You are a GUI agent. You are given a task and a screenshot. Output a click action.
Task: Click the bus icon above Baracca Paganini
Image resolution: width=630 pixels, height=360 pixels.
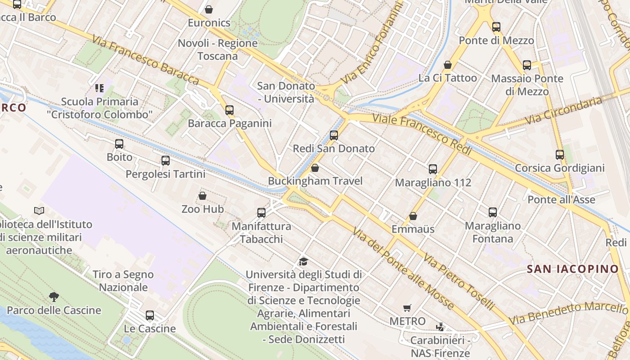click(229, 110)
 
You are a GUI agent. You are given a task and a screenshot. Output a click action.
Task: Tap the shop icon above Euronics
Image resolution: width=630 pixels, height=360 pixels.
click(209, 9)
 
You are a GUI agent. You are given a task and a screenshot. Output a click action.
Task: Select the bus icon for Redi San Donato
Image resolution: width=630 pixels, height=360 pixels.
click(333, 135)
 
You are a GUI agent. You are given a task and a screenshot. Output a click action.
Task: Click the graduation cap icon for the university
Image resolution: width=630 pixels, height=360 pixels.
click(304, 261)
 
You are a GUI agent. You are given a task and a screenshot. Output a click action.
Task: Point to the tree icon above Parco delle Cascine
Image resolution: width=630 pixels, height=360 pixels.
click(54, 297)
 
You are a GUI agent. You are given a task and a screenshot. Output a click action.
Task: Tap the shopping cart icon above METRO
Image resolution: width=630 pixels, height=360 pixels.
click(407, 308)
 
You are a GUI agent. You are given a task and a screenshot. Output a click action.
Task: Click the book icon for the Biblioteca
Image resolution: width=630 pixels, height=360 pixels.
click(40, 211)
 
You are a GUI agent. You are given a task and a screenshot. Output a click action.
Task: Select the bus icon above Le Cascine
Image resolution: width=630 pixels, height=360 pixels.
click(150, 315)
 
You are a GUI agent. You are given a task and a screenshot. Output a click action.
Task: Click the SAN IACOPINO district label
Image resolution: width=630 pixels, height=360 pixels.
click(573, 269)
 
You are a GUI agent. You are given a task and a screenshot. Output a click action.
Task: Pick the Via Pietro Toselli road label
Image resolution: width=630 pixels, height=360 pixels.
click(459, 281)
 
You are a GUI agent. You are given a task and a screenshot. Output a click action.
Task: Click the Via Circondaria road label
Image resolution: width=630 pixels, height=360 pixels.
click(563, 111)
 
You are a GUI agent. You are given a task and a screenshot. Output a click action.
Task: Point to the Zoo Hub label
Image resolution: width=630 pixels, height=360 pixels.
click(202, 209)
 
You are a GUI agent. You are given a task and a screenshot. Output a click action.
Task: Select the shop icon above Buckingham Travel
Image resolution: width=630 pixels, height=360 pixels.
click(315, 168)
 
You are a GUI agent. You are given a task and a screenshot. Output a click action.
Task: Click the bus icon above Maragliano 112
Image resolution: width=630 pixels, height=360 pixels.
click(432, 169)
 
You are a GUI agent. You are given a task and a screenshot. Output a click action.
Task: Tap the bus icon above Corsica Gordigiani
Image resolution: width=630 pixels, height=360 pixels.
click(559, 155)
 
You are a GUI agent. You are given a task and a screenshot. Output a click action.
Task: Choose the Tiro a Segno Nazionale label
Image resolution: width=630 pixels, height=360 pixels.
click(123, 281)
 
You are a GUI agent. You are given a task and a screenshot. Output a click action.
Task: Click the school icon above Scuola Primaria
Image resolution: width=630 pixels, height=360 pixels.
click(99, 88)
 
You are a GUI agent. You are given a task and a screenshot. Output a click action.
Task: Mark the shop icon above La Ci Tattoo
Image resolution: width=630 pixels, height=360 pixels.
click(447, 65)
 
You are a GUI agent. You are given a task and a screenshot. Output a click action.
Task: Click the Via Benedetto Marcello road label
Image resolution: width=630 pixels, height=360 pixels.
click(568, 313)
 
